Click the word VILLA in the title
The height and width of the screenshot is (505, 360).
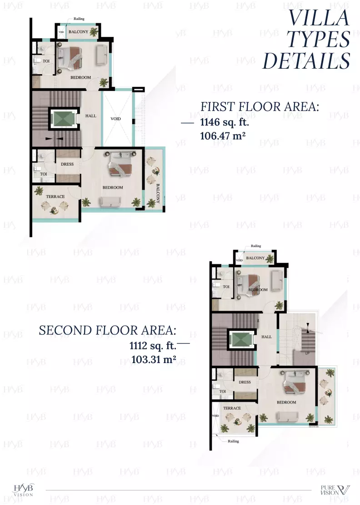point(319,18)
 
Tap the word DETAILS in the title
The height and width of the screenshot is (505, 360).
point(307,61)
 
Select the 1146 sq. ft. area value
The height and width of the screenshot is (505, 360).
point(225,122)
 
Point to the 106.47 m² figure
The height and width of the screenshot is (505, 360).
point(223,136)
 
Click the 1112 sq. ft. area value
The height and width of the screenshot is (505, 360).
point(153,346)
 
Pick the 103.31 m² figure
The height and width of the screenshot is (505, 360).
point(154,359)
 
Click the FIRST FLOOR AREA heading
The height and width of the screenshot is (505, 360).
point(260,106)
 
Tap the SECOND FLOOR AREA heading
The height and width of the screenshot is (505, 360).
point(107,330)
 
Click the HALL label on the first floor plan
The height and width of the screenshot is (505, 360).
point(91,116)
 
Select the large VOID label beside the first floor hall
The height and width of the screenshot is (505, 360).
point(116,119)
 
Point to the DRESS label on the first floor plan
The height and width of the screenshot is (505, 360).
point(67,164)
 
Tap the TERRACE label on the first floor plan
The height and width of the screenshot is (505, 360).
point(55,197)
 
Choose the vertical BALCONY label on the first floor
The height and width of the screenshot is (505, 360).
point(158,193)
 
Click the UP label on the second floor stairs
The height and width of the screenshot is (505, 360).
point(307,353)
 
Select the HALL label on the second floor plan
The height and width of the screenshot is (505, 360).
point(266,337)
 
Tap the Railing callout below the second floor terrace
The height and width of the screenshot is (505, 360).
point(233,441)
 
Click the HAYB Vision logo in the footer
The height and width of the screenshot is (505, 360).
point(23,490)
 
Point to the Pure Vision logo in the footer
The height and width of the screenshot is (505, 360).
point(335,490)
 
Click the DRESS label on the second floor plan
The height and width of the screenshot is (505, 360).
point(245,382)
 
